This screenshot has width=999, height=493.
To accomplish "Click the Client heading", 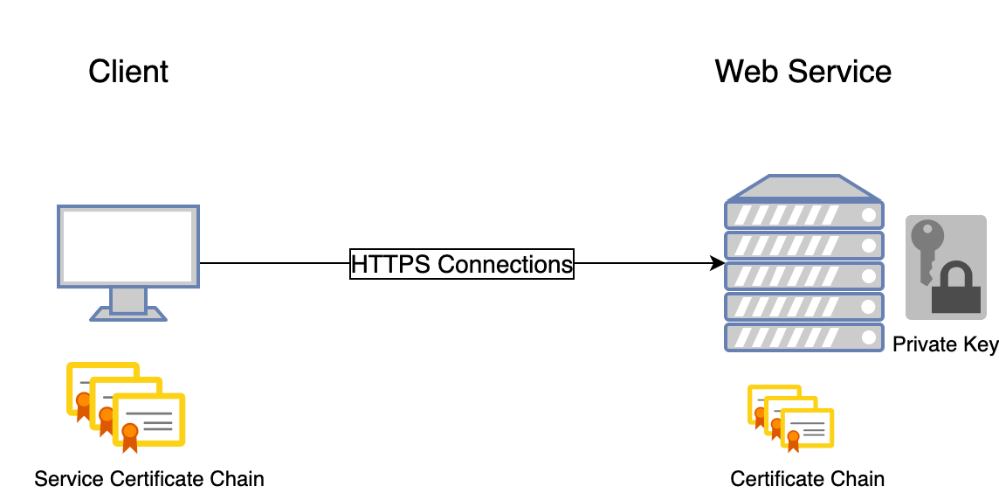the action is pos(128,72).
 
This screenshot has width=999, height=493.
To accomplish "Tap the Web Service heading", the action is pos(803,72).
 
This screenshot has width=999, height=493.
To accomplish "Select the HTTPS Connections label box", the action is pos(462,264).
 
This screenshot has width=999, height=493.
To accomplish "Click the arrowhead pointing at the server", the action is pos(718,263).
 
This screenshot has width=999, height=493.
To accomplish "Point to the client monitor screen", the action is pos(128,246).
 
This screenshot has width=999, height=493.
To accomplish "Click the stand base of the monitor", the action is pos(128,314).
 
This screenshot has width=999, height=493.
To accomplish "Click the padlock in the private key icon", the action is pos(955,290).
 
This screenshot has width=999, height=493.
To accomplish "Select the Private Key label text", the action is pos(946,344).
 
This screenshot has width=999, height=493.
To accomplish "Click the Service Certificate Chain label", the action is pos(149,478).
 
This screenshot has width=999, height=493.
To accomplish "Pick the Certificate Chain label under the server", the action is pos(807,478).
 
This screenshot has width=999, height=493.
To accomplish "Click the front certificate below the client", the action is pos(149,420).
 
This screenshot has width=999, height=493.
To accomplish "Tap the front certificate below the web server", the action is pos(807,428).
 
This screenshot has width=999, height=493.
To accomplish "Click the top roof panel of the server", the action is pos(804,188).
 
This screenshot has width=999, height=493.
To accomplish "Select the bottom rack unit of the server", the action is pos(804,337).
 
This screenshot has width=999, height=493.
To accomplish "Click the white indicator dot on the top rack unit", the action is pos(868,215).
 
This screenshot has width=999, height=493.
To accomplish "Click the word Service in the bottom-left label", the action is pos(70,478).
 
